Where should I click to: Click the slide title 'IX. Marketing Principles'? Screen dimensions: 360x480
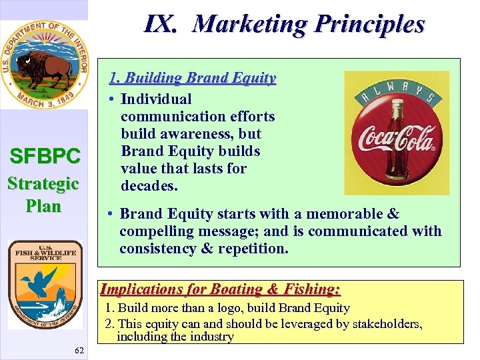tap(284, 25)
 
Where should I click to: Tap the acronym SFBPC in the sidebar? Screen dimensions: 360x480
tap(45, 157)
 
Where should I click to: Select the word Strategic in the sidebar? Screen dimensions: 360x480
tap(43, 183)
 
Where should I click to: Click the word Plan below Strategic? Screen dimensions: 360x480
tap(43, 206)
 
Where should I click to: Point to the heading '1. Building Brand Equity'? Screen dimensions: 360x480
tap(192, 78)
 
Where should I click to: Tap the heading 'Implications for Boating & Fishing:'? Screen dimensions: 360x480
tap(220, 289)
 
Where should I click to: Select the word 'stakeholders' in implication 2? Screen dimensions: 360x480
tap(385, 324)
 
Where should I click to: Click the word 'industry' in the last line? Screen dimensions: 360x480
tap(212, 337)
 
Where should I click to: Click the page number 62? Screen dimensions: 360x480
tap(80, 351)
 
